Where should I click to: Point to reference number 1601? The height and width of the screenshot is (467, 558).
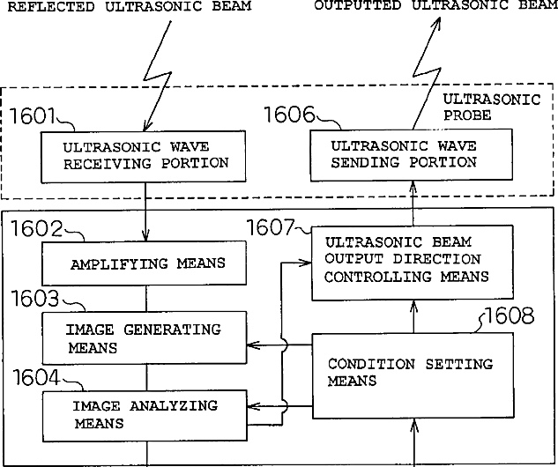click(33, 115)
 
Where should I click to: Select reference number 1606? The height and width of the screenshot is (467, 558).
click(290, 115)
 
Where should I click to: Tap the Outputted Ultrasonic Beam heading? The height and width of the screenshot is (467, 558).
click(435, 6)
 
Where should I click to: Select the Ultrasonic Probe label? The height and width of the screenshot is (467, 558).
click(490, 107)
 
